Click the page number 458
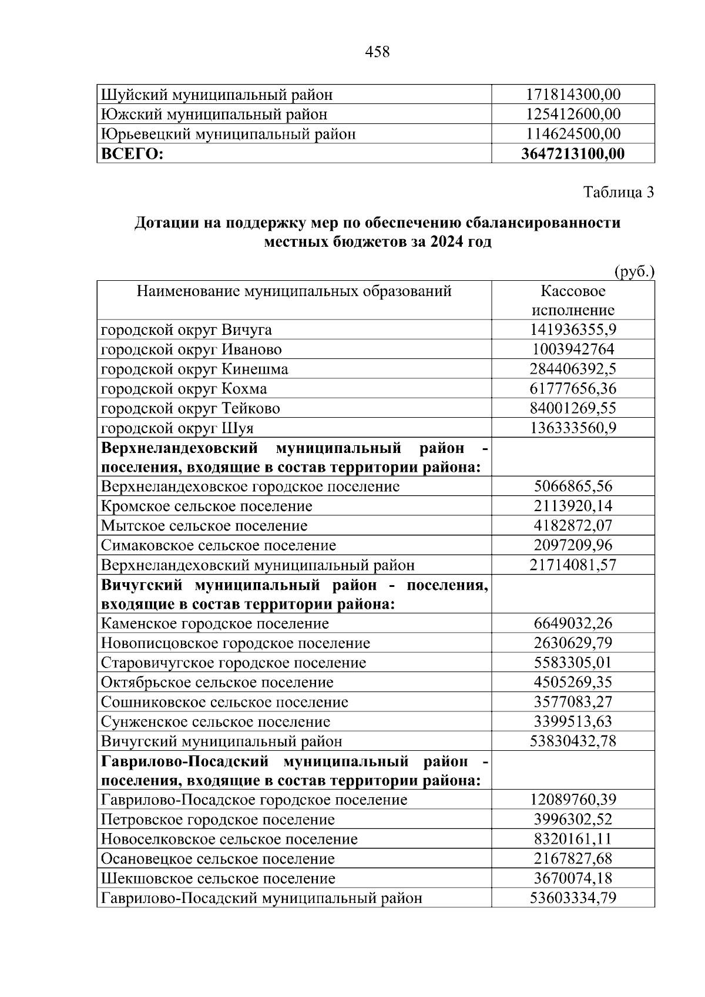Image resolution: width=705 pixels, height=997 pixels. [377, 52]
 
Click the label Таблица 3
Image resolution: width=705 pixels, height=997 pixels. [618, 192]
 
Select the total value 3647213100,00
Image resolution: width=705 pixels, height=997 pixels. [573, 154]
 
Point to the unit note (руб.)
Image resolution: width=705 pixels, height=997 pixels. [634, 272]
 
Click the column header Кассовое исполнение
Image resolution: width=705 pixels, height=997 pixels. [573, 301]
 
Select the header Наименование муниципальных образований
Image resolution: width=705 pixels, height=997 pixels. [294, 291]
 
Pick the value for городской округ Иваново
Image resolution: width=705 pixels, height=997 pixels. [573, 350]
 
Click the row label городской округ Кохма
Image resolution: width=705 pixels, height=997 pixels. [184, 389]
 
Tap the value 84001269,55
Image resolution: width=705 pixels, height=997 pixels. [573, 408]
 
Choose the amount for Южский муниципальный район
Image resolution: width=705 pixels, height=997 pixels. [573, 114]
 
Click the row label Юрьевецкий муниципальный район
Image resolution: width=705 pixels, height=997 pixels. [228, 134]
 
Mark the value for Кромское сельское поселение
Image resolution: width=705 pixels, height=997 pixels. [573, 506]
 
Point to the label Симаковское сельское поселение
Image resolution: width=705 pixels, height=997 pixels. [219, 545]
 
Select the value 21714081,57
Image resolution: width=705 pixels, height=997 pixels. [573, 565]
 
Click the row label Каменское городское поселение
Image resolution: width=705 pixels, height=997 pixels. [215, 623]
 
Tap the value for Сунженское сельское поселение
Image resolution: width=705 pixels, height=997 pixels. [573, 721]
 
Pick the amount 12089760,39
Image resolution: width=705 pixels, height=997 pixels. [573, 800]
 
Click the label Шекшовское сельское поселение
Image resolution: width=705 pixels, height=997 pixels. [218, 878]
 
